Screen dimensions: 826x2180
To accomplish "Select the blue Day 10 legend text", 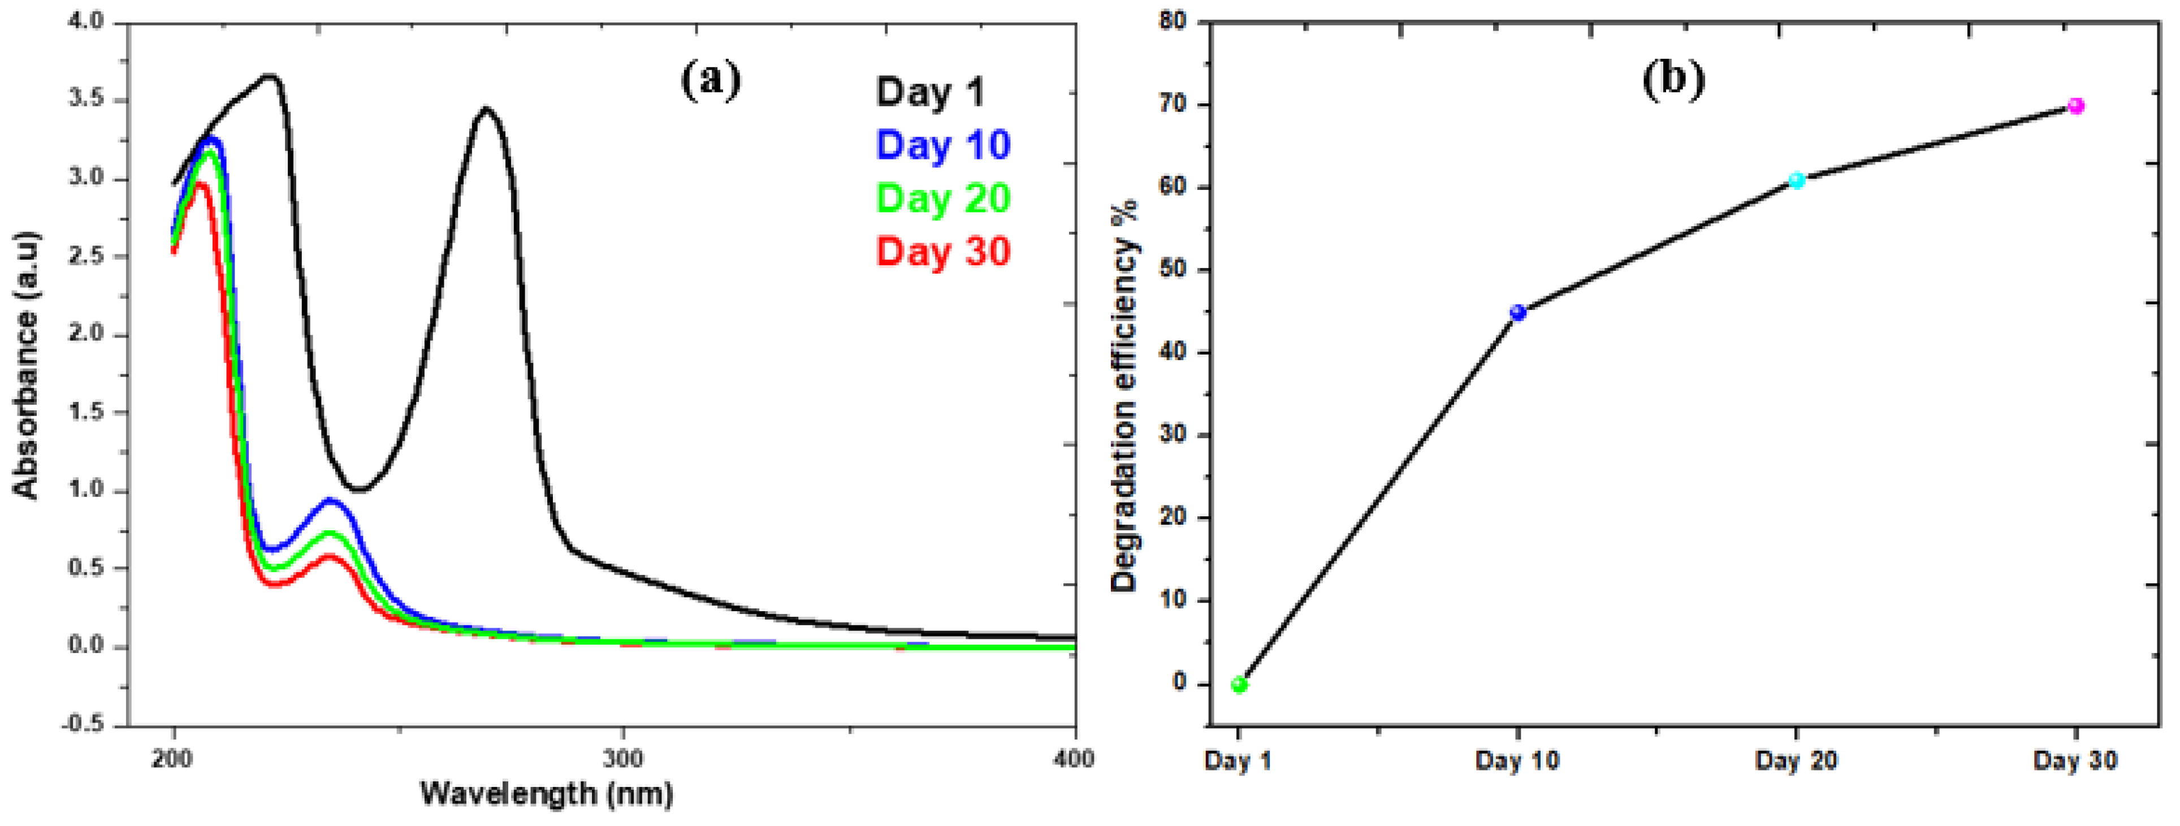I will click(x=943, y=145).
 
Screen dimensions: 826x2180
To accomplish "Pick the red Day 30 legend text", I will click(x=943, y=252).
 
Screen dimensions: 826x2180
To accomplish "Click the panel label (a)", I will click(x=710, y=80).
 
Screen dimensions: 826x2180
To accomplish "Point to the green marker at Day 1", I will click(x=1239, y=684).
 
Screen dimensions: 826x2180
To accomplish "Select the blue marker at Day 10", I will click(x=1517, y=312).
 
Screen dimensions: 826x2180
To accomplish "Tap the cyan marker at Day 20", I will click(x=1796, y=180).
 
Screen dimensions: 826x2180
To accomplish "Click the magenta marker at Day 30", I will click(x=2075, y=106).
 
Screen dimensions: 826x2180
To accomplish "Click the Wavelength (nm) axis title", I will click(x=547, y=794).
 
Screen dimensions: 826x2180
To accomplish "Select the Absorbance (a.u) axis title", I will click(x=27, y=364).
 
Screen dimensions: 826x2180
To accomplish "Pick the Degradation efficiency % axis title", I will click(x=1124, y=395).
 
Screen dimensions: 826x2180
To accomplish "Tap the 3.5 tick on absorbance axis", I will click(x=85, y=99).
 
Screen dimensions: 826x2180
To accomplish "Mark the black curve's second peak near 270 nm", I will click(x=486, y=109).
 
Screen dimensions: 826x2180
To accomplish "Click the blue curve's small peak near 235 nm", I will click(x=330, y=500).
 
